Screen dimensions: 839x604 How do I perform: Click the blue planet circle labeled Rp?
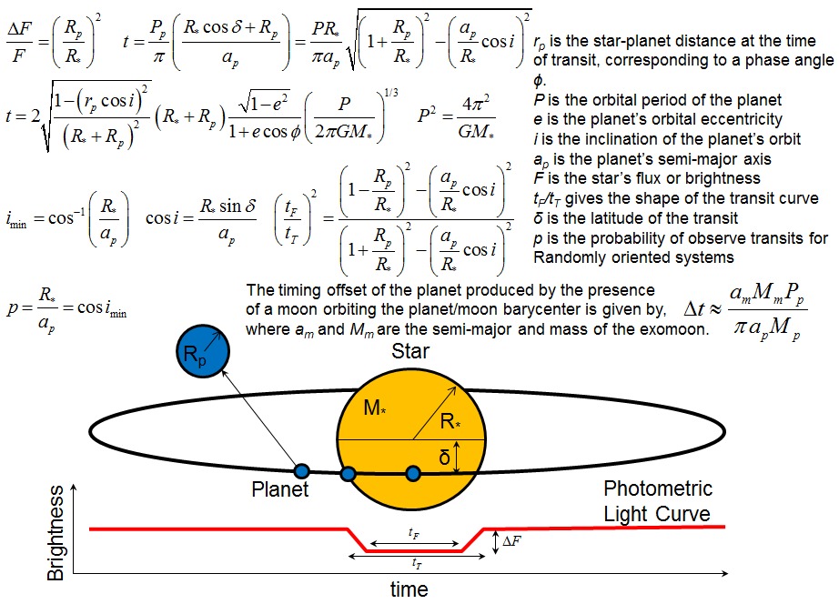click(203, 351)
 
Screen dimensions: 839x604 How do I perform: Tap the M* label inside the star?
click(375, 408)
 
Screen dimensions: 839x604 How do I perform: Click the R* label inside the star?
click(450, 421)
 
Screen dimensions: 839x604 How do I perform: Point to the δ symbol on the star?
click(444, 458)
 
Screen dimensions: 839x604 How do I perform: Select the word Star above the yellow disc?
click(410, 351)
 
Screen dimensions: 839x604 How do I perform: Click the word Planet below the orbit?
click(280, 489)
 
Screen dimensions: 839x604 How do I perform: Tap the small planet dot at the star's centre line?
click(413, 473)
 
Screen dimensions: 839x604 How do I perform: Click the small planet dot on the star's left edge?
click(349, 473)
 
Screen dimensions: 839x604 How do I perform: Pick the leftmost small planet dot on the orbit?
click(302, 471)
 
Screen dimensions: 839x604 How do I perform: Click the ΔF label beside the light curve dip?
click(511, 541)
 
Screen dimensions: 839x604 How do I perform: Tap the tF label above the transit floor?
click(414, 533)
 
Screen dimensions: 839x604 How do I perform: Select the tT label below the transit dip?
click(417, 563)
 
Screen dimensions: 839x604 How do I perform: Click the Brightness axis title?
click(56, 533)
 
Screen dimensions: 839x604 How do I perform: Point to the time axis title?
click(409, 589)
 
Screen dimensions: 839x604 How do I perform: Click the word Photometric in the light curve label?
click(658, 488)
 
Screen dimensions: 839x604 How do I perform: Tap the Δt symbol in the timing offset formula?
click(694, 309)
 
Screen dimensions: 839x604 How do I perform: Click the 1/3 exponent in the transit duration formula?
click(391, 93)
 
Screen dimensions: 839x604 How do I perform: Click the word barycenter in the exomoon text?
click(553, 310)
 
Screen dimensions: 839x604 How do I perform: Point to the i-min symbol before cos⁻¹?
click(16, 220)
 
